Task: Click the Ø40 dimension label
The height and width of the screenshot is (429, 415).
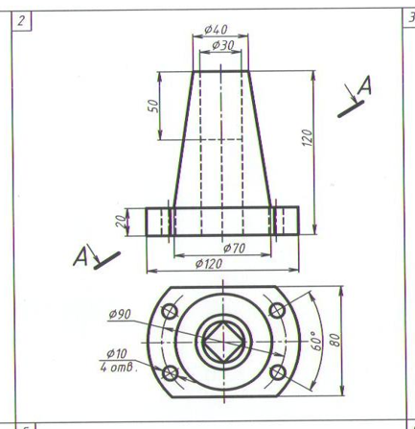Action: pos(216,30)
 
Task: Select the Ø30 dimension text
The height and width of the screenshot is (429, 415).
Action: pos(223,45)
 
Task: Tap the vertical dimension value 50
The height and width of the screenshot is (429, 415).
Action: pos(153,106)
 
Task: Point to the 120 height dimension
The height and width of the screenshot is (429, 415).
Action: pos(307,137)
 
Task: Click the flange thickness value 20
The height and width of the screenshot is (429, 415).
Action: pos(121,221)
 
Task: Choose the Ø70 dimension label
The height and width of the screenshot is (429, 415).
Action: pos(234,248)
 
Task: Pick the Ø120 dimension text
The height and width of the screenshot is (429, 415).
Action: pos(209,264)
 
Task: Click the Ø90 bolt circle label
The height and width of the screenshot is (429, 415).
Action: pos(120,315)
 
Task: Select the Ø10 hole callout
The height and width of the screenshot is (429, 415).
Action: pos(117,354)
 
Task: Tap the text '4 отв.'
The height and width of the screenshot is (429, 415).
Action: pos(119,367)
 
